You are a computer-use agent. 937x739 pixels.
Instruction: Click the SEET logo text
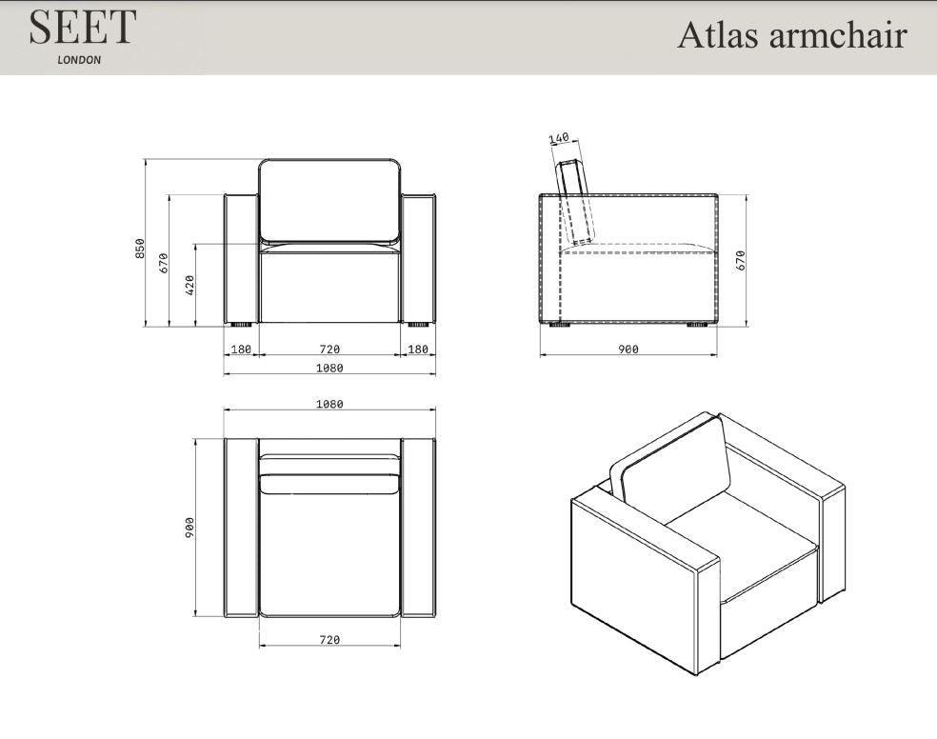click(83, 29)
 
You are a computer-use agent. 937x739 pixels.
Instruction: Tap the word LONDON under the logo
click(79, 59)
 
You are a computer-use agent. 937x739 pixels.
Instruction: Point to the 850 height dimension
click(140, 248)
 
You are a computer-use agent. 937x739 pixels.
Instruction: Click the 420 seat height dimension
click(189, 284)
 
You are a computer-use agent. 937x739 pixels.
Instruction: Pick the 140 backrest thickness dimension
click(559, 138)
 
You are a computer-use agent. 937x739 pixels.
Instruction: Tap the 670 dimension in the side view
click(740, 260)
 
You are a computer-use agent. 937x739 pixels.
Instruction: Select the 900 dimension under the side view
click(628, 350)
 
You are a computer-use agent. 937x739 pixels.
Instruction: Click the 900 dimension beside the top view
click(189, 527)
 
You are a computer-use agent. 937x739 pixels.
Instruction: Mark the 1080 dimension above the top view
click(329, 404)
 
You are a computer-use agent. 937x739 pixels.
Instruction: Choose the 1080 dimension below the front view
click(329, 368)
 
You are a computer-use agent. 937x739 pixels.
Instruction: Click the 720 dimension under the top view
click(329, 640)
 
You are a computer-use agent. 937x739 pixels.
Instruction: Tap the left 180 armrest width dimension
click(242, 350)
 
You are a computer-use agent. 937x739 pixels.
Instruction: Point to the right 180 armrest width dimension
click(417, 350)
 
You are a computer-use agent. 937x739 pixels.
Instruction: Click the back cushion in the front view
click(329, 200)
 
